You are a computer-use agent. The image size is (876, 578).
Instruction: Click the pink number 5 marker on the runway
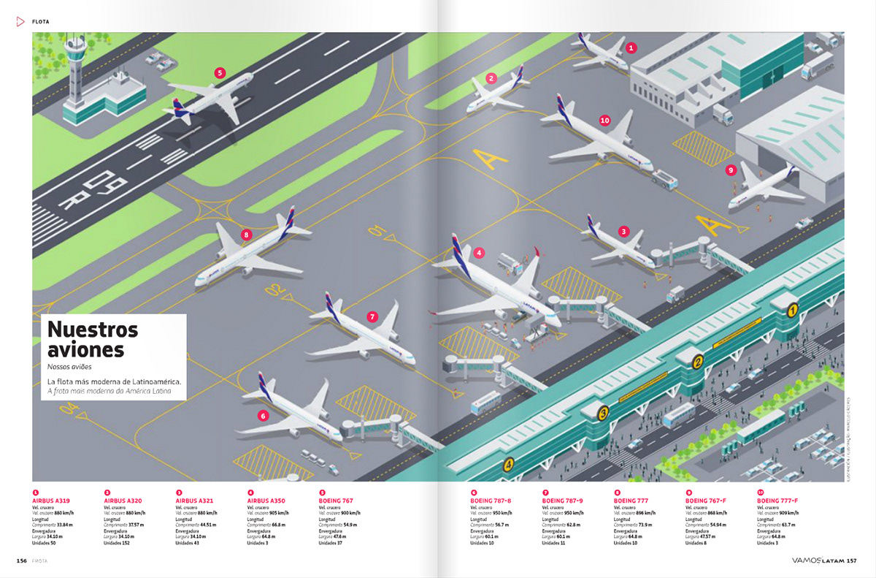tap(219, 72)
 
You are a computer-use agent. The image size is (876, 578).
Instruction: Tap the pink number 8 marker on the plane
tap(247, 235)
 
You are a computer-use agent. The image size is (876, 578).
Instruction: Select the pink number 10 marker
tap(604, 121)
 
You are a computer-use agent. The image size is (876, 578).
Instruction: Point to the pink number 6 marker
tap(263, 416)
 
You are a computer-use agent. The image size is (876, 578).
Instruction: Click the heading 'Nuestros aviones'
tap(92, 339)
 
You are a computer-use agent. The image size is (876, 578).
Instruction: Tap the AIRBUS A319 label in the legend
tap(52, 501)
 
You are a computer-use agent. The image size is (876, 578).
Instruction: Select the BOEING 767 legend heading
tap(337, 501)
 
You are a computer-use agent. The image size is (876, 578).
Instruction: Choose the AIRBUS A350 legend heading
tap(268, 501)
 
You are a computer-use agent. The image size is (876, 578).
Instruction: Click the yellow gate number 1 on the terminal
tap(791, 310)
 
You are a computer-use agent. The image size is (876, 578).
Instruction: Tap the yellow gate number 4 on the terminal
tap(508, 463)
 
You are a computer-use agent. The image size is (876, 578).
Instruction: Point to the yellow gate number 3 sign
tap(603, 414)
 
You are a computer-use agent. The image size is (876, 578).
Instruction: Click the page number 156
tap(22, 560)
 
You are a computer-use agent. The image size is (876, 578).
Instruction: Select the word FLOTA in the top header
tap(41, 22)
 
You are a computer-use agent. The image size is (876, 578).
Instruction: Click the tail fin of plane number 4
tap(459, 253)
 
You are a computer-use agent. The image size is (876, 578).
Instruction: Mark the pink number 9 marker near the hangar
tap(731, 170)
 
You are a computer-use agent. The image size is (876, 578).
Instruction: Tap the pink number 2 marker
tap(491, 78)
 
